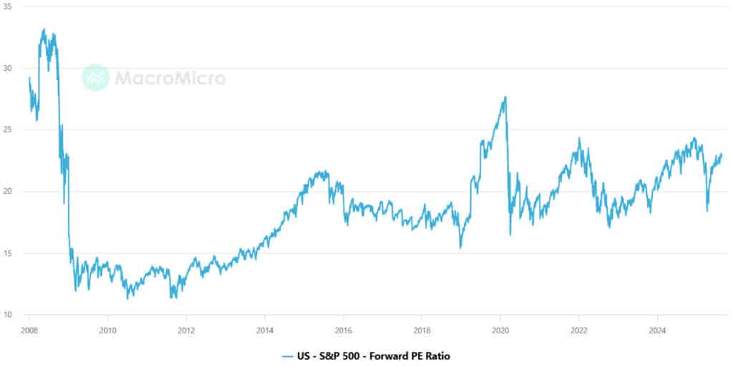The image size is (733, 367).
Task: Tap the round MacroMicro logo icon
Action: (95, 78)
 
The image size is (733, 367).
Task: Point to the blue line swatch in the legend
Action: (288, 356)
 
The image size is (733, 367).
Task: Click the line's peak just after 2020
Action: (505, 97)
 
